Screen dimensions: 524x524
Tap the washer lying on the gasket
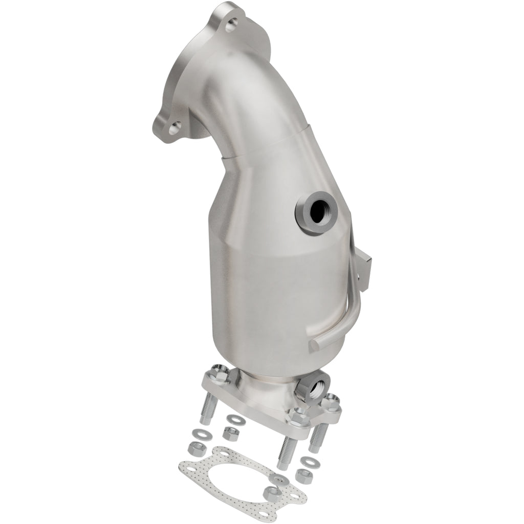279,478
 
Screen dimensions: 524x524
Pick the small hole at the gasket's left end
186,466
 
